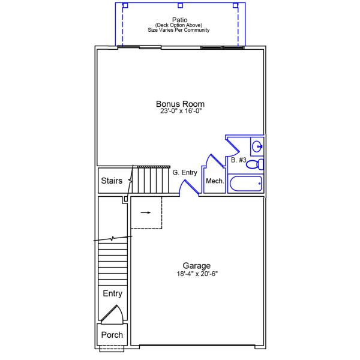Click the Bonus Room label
pyautogui.click(x=181, y=104)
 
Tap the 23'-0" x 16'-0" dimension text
pyautogui.click(x=181, y=111)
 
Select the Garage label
pyautogui.click(x=197, y=266)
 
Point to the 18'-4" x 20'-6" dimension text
pyautogui.click(x=197, y=274)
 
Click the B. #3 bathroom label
pyautogui.click(x=239, y=160)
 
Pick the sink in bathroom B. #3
pyautogui.click(x=257, y=146)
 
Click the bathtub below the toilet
pyautogui.click(x=245, y=184)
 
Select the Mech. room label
pyautogui.click(x=214, y=181)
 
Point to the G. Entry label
pyautogui.click(x=185, y=173)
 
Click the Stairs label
pyautogui.click(x=112, y=181)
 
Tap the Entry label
pyautogui.click(x=112, y=293)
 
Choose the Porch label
pyautogui.click(x=112, y=335)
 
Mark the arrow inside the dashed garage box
pyautogui.click(x=146, y=212)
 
